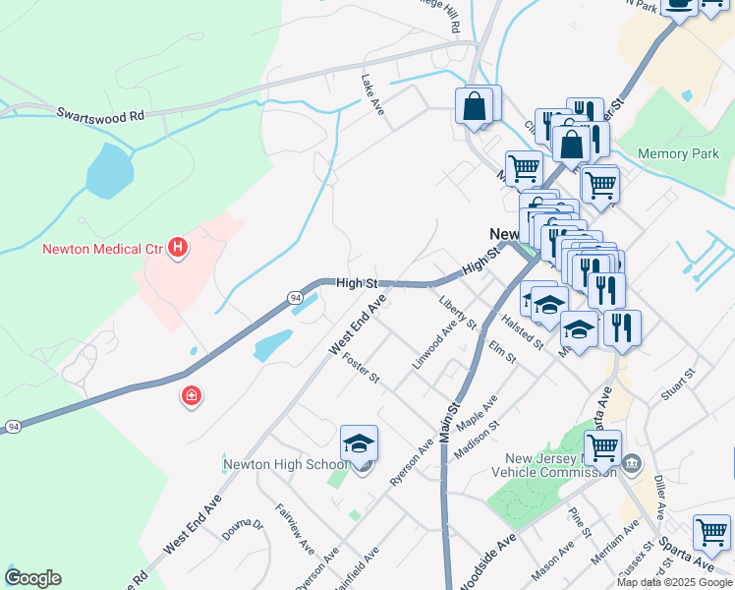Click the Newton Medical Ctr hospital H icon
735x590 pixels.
[178, 248]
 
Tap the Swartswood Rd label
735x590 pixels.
[99, 115]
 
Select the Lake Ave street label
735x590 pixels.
[372, 94]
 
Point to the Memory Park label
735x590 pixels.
[678, 153]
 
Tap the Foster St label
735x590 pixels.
[360, 370]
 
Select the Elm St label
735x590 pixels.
[501, 352]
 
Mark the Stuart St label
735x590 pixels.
[678, 383]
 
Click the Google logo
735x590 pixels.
[32, 577]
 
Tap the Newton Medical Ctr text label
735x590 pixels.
[101, 249]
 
